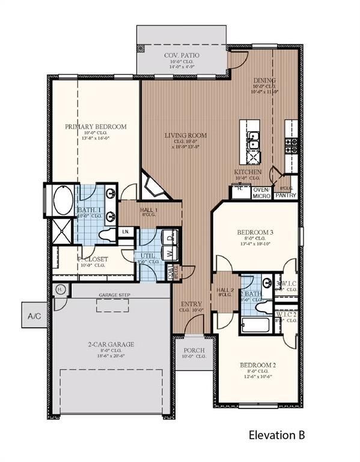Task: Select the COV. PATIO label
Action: pos(182,55)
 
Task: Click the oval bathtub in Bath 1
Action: pos(61,202)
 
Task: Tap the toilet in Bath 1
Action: pos(108,233)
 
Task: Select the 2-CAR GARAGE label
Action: pos(111,345)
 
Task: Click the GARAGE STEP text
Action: pos(114,295)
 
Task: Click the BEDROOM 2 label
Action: pos(257,365)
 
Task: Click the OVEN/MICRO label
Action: pos(261,192)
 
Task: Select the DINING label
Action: pos(264,80)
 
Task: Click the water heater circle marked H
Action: pos(60,289)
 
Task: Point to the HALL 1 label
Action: pos(149,210)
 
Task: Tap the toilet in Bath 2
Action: pos(264,307)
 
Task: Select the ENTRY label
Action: pos(191,304)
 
